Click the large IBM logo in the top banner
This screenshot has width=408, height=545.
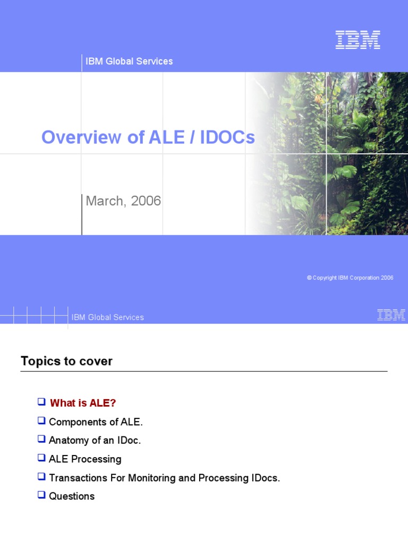point(358,40)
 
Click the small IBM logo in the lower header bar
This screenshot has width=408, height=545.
point(391,315)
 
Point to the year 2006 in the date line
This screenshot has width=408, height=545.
point(146,201)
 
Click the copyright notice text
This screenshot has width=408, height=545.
point(350,278)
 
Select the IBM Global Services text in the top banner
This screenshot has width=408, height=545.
point(129,61)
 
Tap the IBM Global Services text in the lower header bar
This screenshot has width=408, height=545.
point(108,317)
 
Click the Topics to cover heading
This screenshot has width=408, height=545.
point(66,361)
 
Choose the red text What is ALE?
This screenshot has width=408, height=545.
point(83,403)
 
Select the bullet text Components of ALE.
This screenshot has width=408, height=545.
point(96,422)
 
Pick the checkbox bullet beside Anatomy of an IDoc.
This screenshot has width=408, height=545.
point(41,439)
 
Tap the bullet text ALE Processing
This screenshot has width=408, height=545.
point(85,459)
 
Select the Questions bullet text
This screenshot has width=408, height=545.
point(72,496)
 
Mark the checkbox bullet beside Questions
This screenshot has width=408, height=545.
point(41,495)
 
